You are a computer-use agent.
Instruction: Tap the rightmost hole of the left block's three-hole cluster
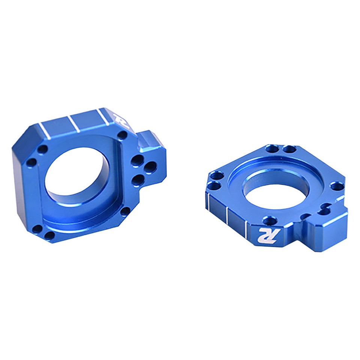(x=150, y=166)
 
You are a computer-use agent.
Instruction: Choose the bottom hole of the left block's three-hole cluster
(x=137, y=179)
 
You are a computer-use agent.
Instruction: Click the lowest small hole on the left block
(x=49, y=235)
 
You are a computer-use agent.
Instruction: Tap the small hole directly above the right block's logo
(x=269, y=220)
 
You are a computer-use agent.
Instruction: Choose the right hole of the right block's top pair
(x=289, y=150)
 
